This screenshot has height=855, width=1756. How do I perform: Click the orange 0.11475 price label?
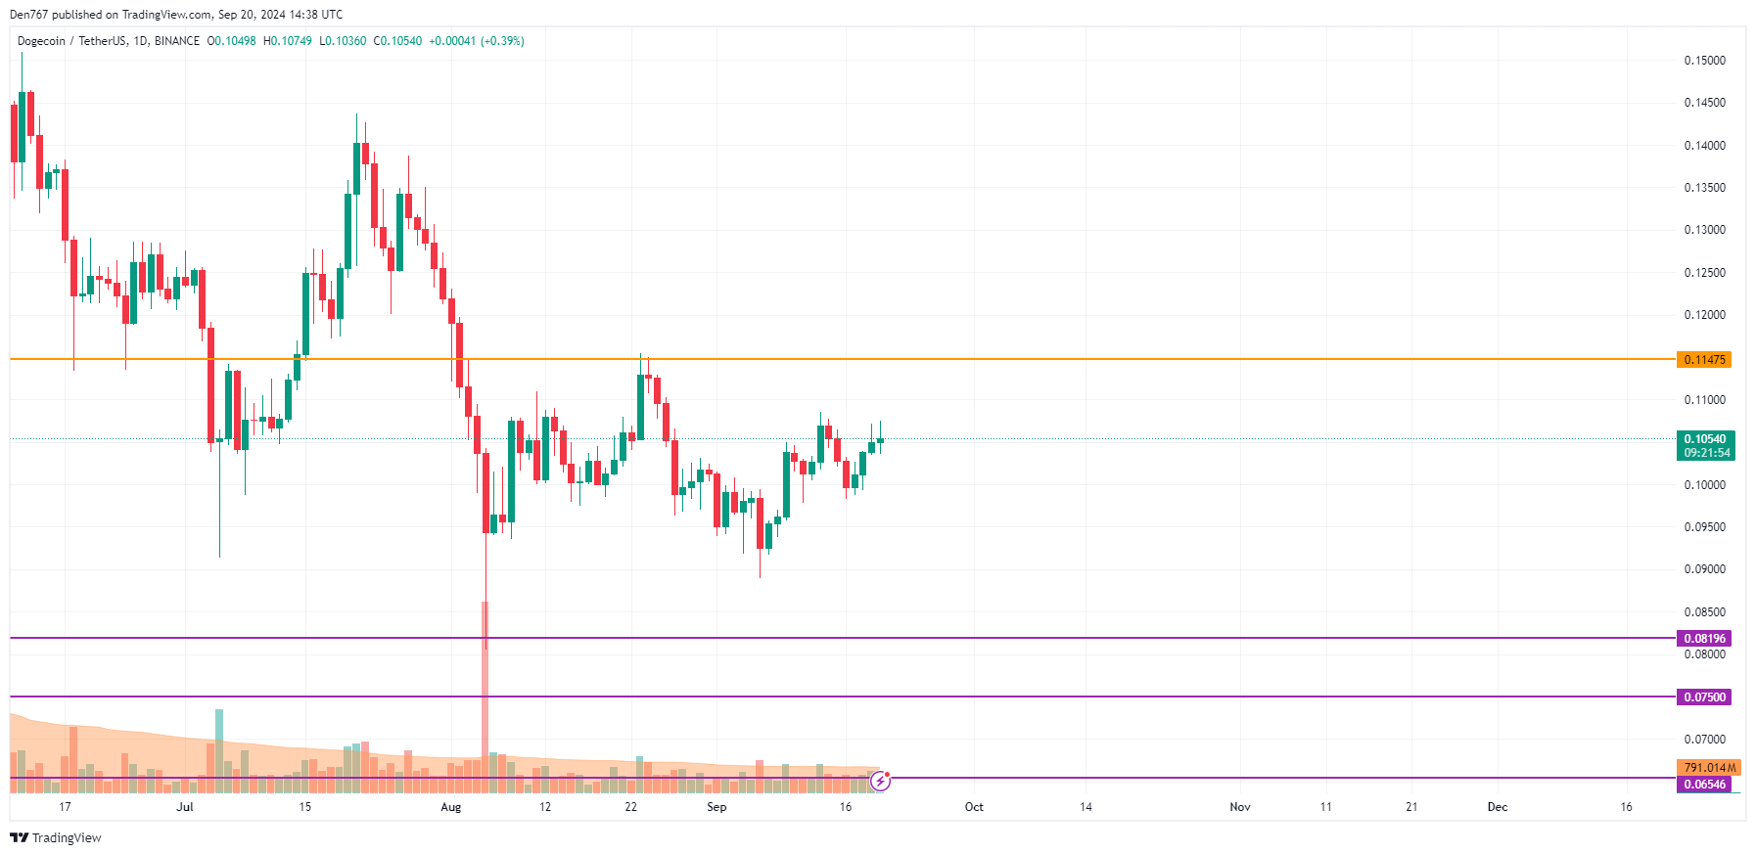pyautogui.click(x=1703, y=360)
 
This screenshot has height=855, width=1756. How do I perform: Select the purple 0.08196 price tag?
pyautogui.click(x=1703, y=639)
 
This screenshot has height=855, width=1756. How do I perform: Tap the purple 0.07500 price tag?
pyautogui.click(x=1703, y=697)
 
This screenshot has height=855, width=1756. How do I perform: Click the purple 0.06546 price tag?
pyautogui.click(x=1703, y=785)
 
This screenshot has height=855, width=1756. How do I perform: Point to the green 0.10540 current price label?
pyautogui.click(x=1705, y=439)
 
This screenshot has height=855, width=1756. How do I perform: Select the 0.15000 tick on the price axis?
pyautogui.click(x=1704, y=61)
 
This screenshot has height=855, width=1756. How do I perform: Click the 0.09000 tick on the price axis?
pyautogui.click(x=1704, y=569)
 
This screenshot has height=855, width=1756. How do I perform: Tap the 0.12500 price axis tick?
pyautogui.click(x=1704, y=273)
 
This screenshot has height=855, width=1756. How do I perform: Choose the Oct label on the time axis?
pyautogui.click(x=974, y=807)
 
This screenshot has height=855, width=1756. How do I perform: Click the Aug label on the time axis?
pyautogui.click(x=450, y=807)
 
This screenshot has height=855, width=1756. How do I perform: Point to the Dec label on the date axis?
pyautogui.click(x=1497, y=807)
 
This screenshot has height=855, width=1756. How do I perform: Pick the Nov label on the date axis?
pyautogui.click(x=1239, y=807)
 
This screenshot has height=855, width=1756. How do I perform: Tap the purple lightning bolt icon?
pyautogui.click(x=881, y=781)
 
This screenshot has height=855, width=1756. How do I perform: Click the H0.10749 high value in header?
pyautogui.click(x=288, y=41)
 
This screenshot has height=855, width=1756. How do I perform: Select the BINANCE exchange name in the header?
pyautogui.click(x=177, y=41)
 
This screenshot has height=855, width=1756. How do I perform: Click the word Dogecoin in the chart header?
pyautogui.click(x=41, y=41)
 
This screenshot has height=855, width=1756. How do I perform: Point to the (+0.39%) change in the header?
pyautogui.click(x=502, y=41)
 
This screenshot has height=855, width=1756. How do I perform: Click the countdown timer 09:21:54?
pyautogui.click(x=1707, y=453)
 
